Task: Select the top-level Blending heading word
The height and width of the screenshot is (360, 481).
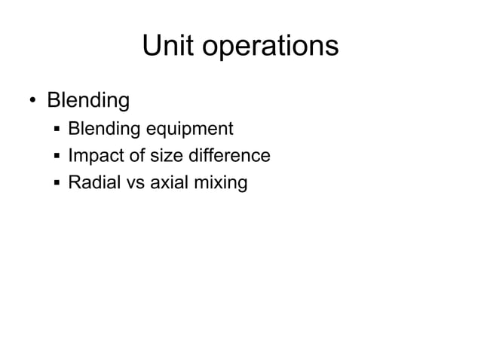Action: coord(88,101)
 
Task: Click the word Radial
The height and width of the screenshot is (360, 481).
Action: coord(91,182)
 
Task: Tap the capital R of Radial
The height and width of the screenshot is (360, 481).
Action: coord(74,182)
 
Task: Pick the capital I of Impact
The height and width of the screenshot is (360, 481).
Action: coord(70,156)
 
